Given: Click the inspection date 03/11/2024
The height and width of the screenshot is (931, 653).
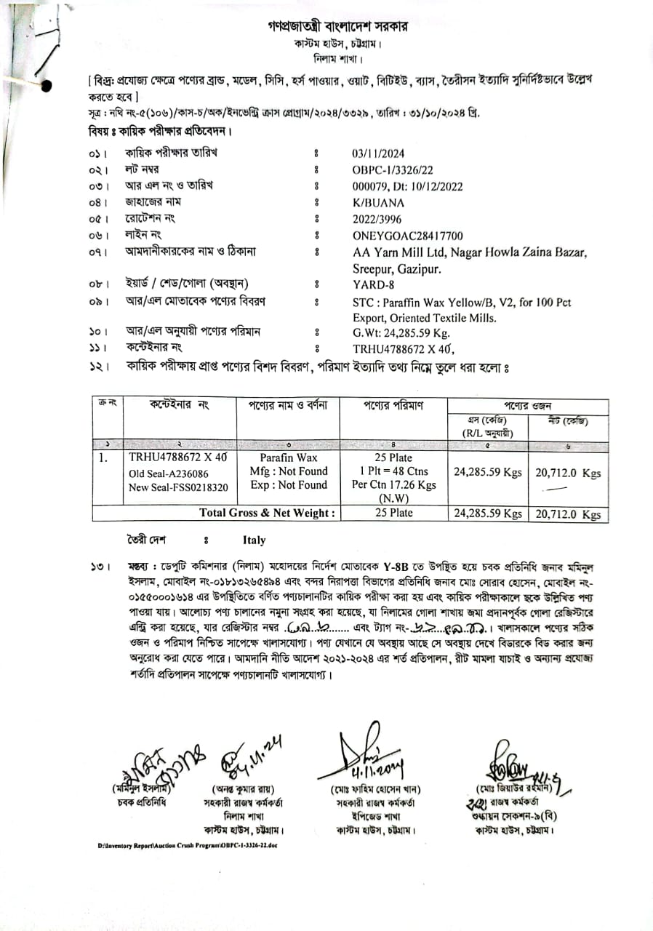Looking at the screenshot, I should (x=378, y=153).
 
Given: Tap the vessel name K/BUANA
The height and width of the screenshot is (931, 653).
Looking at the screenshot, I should (x=377, y=201).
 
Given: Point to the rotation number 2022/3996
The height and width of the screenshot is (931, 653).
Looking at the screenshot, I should (x=377, y=218).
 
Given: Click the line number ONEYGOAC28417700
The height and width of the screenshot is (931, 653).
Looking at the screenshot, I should (x=407, y=236).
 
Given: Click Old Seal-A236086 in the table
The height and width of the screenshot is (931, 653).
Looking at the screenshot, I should (x=167, y=473).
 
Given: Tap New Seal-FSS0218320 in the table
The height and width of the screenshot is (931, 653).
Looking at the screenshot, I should (x=178, y=487).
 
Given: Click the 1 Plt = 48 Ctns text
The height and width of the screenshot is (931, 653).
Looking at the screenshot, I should (x=393, y=471).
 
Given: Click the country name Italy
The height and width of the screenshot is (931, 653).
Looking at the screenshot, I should (x=254, y=540).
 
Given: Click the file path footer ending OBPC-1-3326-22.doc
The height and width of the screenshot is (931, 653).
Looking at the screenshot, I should (x=188, y=845).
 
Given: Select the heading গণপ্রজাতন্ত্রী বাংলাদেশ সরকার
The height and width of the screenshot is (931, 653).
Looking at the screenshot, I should (x=337, y=27).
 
